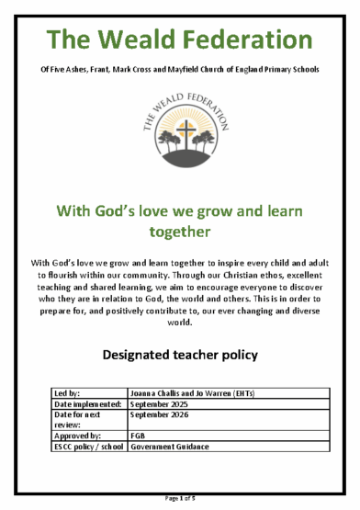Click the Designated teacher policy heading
[x=179, y=353]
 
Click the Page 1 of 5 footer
[x=179, y=497]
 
